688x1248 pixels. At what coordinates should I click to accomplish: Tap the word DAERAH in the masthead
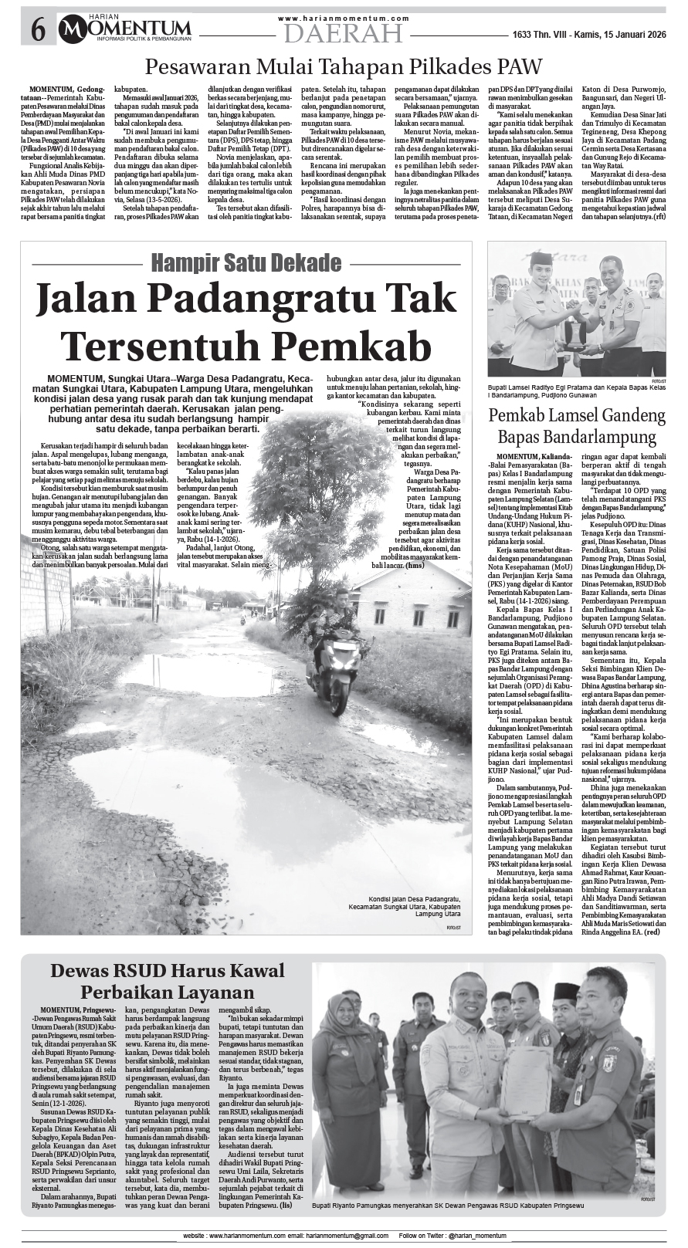pyautogui.click(x=343, y=32)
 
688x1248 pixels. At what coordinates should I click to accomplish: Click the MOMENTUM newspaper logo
pyautogui.click(x=128, y=29)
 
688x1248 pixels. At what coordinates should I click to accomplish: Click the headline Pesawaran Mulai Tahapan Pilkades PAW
pyautogui.click(x=344, y=66)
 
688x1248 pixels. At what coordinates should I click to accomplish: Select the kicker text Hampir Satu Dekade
pyautogui.click(x=246, y=263)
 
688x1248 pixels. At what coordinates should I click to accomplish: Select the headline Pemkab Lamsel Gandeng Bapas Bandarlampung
pyautogui.click(x=576, y=427)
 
